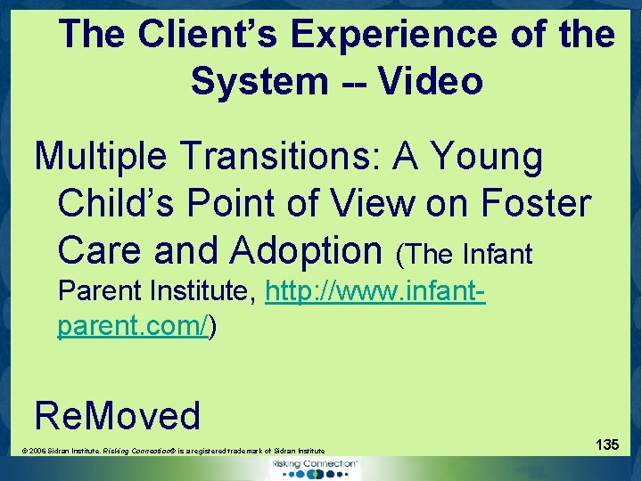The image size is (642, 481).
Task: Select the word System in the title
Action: pyautogui.click(x=259, y=81)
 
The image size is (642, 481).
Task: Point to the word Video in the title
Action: pyautogui.click(x=431, y=81)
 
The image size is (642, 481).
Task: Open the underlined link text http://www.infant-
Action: pyautogui.click(x=374, y=291)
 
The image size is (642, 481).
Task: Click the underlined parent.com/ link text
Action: pyautogui.click(x=133, y=326)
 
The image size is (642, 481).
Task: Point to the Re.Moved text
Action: pyautogui.click(x=118, y=414)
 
